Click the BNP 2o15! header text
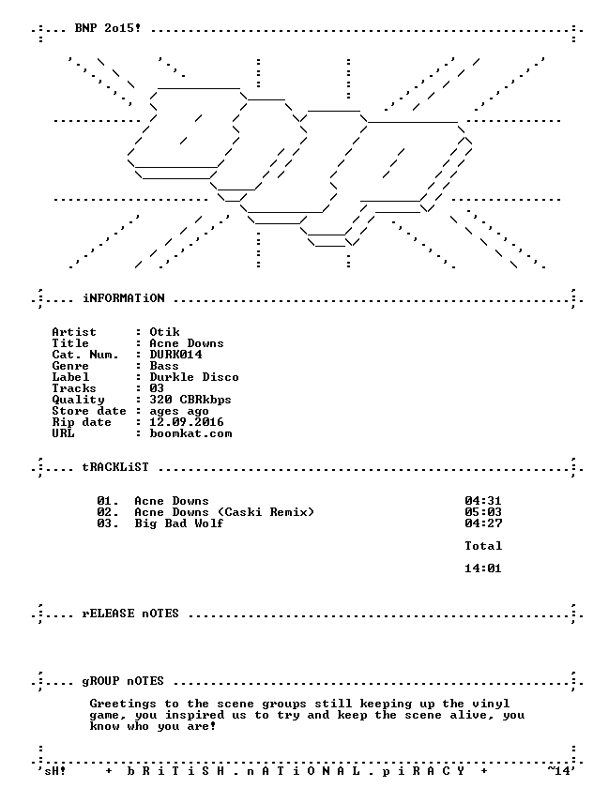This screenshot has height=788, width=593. pos(108,28)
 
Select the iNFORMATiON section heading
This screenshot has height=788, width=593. pos(124,298)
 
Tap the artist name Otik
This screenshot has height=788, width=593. pos(164,332)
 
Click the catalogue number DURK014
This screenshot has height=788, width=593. pos(175,355)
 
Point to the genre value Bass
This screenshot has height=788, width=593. pos(164,366)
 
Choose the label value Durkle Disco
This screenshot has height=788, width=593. pos(194,377)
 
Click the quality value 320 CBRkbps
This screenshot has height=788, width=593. pos(190,400)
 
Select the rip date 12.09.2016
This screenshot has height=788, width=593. pos(187,421)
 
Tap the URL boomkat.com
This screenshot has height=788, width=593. pos(190,433)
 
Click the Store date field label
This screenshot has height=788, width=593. pos(89,411)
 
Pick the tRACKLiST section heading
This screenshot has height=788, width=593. pos(115,467)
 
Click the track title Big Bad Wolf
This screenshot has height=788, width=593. pos(179,523)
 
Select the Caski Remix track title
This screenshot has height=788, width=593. pos(224,512)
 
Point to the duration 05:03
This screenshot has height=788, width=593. pos(483,512)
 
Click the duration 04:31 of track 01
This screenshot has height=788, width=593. pos(483,501)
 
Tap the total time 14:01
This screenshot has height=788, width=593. pos(483,568)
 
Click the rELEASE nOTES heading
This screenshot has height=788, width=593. pos(130,614)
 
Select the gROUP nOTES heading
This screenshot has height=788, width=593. pos(123,681)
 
